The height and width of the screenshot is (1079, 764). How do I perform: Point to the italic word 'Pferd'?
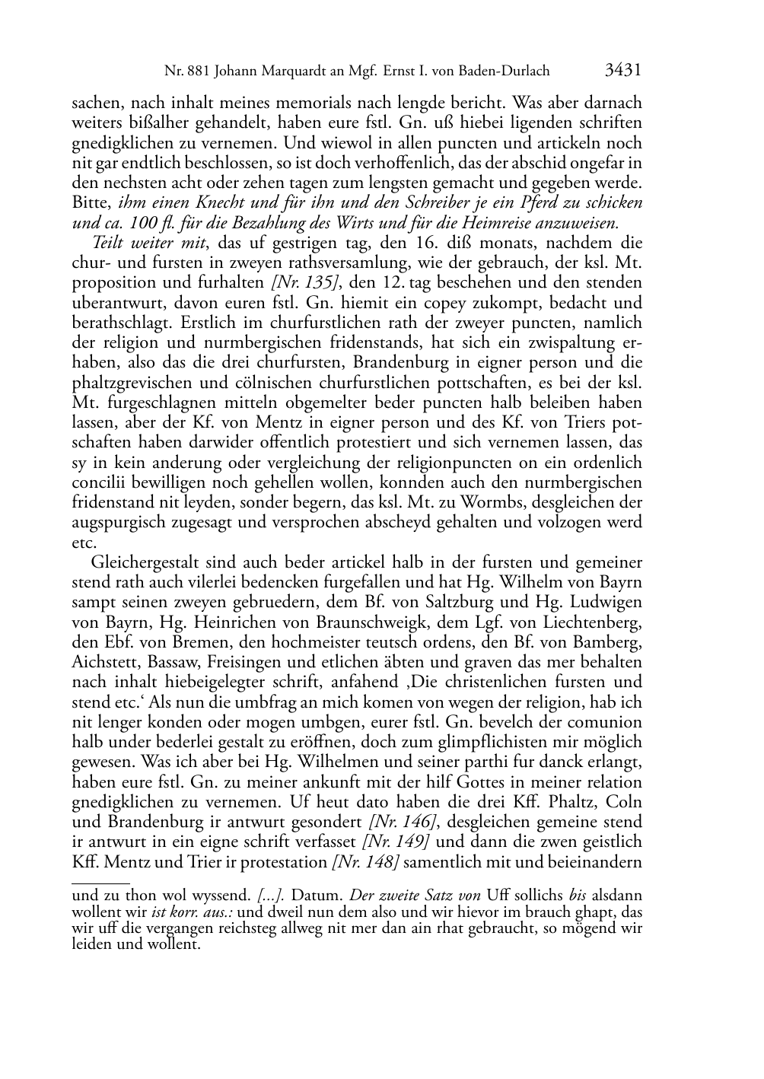tap(538, 204)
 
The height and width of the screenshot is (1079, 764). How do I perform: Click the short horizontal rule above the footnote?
tap(101, 883)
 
